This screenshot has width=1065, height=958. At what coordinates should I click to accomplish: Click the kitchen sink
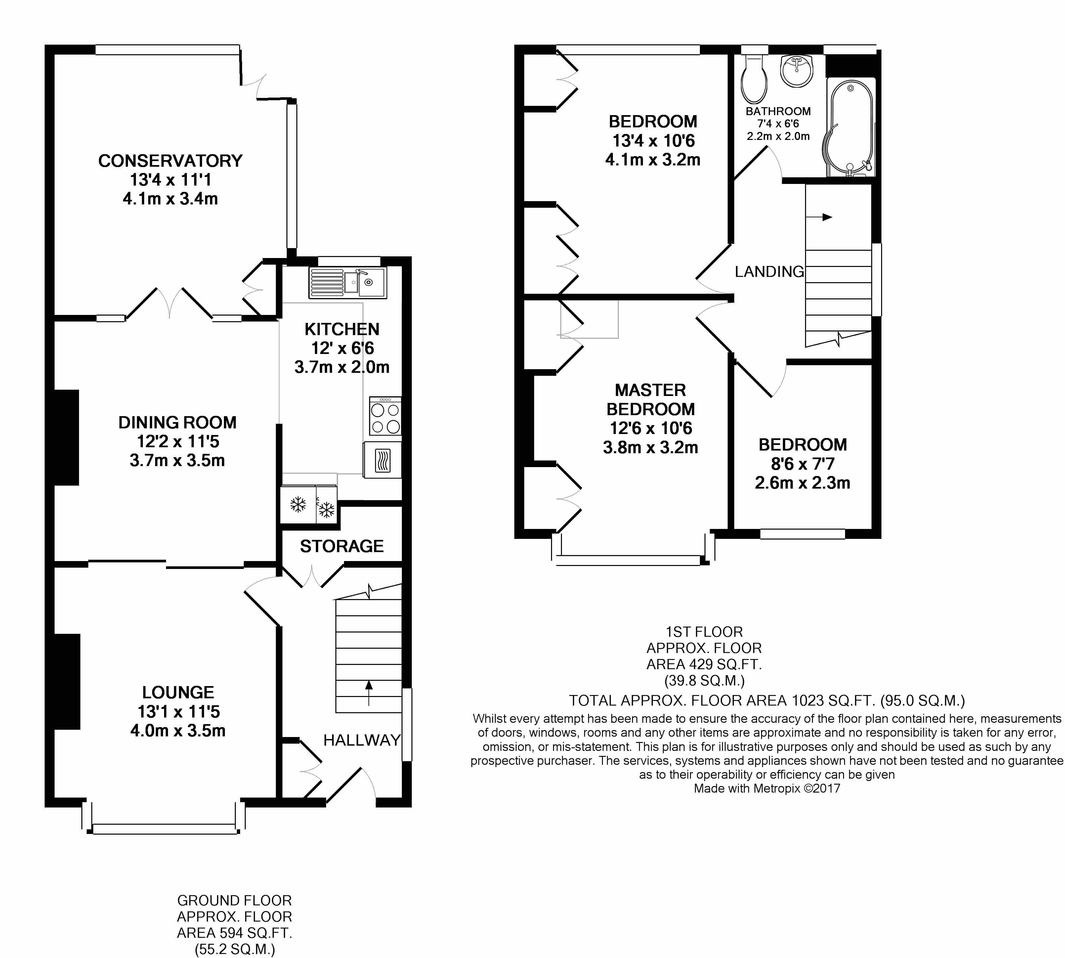[x=347, y=283]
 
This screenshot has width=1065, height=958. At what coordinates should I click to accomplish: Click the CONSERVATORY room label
[x=170, y=160]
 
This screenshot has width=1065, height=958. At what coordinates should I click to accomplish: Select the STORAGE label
[x=342, y=546]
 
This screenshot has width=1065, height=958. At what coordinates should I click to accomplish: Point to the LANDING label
[x=769, y=272]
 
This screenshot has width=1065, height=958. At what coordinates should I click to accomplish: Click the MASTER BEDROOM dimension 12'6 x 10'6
[x=651, y=428]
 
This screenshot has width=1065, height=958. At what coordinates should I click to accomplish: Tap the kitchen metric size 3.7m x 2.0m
[x=342, y=367]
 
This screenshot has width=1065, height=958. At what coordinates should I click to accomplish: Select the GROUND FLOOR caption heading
[x=234, y=901]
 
